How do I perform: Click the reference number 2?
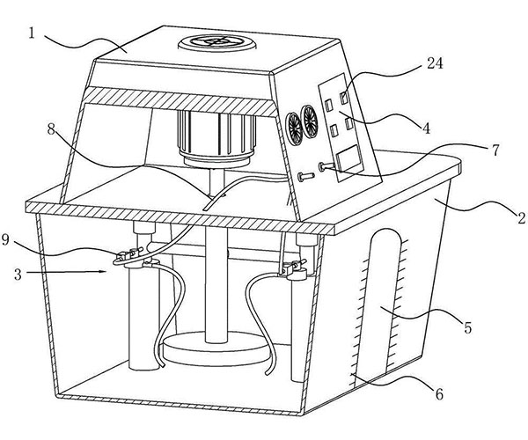point(499,216)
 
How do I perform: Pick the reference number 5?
point(468,327)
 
